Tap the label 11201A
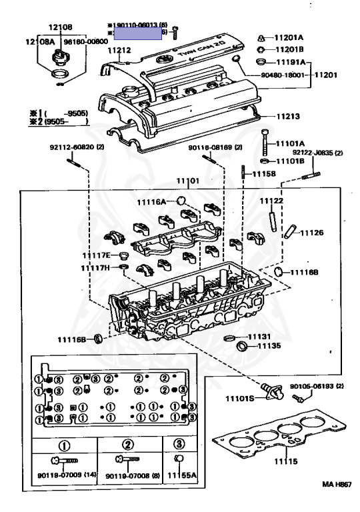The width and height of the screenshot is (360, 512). (290, 37)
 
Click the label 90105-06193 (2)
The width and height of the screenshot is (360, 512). (316, 385)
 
